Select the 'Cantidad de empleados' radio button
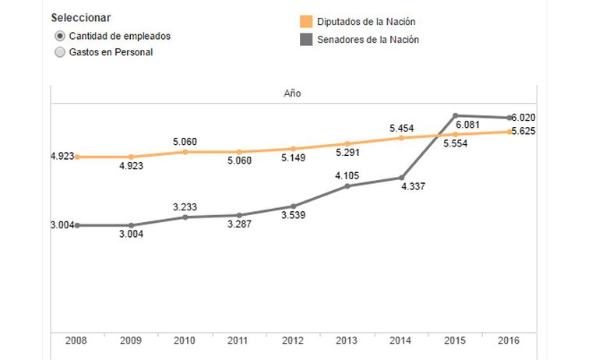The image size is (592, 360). tap(60, 37)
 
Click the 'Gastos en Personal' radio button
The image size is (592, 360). tap(60, 52)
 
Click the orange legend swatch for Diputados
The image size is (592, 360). tap(306, 22)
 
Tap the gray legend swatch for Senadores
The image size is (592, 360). tap(306, 39)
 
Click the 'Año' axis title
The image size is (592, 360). tap(292, 94)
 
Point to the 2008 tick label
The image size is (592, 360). tap(76, 341)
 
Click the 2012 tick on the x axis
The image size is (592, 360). tap(292, 341)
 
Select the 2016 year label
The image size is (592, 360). tap(509, 341)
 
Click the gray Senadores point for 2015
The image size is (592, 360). tap(455, 115)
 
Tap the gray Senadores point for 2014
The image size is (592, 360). tap(401, 177)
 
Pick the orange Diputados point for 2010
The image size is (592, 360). tap(185, 152)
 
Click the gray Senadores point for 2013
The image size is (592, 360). tap(347, 186)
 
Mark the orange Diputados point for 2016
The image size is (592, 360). tap(509, 132)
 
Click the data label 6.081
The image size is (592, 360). tap(468, 125)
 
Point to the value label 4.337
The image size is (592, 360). tap(414, 187)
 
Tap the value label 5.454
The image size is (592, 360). tap(401, 127)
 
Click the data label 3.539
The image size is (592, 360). tap(292, 215)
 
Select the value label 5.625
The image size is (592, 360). tap(523, 131)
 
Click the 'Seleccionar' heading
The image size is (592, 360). tap(80, 18)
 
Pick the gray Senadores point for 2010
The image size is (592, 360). tap(185, 217)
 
